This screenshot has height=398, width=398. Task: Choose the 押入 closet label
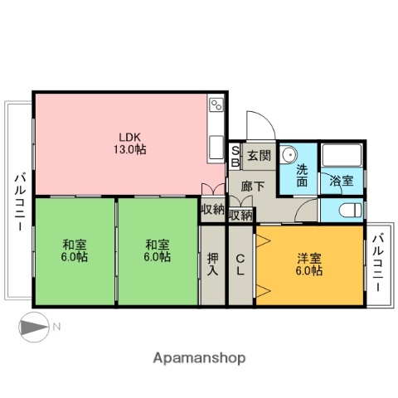click(x=213, y=264)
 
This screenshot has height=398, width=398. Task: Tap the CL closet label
click(x=240, y=264)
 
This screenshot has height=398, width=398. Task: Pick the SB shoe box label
click(x=235, y=155)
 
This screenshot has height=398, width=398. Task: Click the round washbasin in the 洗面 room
click(x=288, y=154)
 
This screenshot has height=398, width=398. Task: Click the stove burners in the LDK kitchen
click(x=216, y=104)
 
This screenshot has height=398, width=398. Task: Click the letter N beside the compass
click(x=56, y=327)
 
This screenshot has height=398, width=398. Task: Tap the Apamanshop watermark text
click(x=199, y=358)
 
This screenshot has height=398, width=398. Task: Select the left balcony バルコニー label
click(x=19, y=200)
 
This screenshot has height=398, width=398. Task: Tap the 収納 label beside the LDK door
click(x=212, y=209)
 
